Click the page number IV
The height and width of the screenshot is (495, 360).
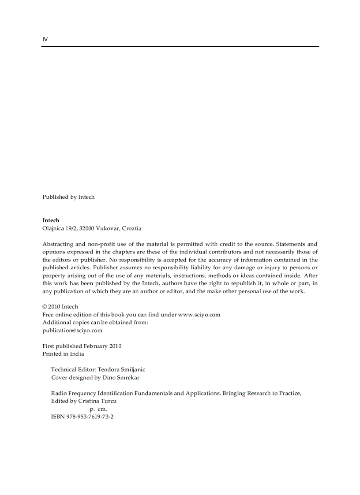pos(45,39)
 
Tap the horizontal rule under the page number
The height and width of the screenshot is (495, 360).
pos(180,46)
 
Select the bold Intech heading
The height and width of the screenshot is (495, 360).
pos(51,220)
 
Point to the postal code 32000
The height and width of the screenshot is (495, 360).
pos(86,228)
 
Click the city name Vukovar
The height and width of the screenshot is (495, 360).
pos(108,228)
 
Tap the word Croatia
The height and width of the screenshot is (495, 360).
pos(131,228)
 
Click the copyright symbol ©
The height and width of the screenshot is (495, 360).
pos(45,307)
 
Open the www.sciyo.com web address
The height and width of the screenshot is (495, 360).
pos(199,315)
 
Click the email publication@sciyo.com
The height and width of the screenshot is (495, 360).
pos(72,331)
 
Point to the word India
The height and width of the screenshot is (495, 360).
pos(77,354)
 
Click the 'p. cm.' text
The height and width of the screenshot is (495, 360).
pos(98,409)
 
